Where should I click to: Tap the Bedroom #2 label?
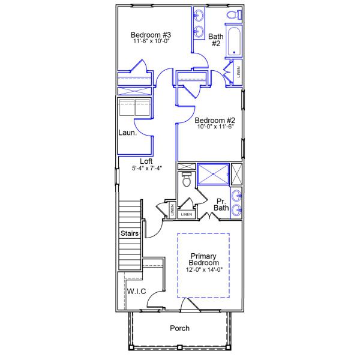tap(213, 119)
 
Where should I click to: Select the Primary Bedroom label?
tap(203, 259)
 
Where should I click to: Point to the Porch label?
tap(179, 328)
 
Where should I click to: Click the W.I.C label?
tap(136, 291)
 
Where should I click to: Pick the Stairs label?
tap(130, 233)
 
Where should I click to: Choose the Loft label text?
tap(146, 161)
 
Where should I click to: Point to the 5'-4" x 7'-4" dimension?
tap(146, 169)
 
